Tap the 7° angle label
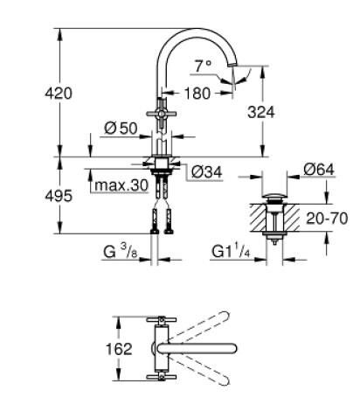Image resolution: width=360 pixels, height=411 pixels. coord(203,66)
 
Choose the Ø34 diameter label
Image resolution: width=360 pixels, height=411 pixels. coord(204,171)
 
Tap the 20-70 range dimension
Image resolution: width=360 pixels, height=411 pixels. coord(325,216)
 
